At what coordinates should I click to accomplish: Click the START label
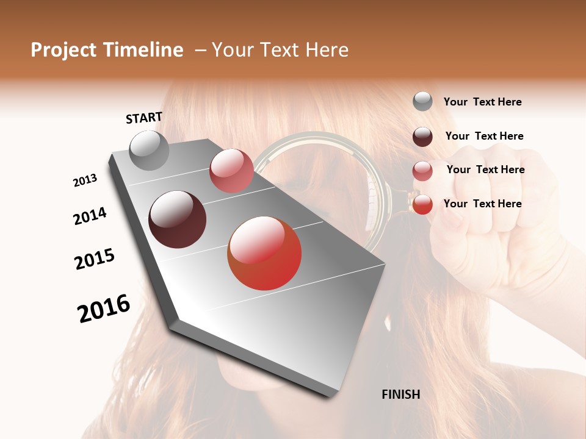[x=144, y=118]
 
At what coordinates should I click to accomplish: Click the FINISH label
[x=401, y=394]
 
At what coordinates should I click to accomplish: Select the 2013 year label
[x=85, y=180]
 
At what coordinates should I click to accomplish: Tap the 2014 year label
[x=90, y=216]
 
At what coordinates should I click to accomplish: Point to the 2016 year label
[x=104, y=309]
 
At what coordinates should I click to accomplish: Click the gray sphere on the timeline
[x=150, y=150]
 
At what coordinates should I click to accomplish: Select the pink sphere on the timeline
[x=231, y=171]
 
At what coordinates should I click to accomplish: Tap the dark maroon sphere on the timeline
[x=178, y=220]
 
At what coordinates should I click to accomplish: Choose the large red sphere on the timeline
[x=264, y=253]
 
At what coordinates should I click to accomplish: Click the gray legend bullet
[x=422, y=102]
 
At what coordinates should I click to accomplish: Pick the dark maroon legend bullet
[x=422, y=137]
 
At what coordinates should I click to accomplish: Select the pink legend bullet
[x=422, y=171]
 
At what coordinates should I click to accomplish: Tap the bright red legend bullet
[x=422, y=204]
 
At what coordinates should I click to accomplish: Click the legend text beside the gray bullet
[x=482, y=102]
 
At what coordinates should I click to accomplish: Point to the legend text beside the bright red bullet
[x=482, y=204]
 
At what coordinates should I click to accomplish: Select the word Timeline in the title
[x=145, y=50]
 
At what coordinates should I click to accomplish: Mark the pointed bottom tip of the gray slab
[x=330, y=395]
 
